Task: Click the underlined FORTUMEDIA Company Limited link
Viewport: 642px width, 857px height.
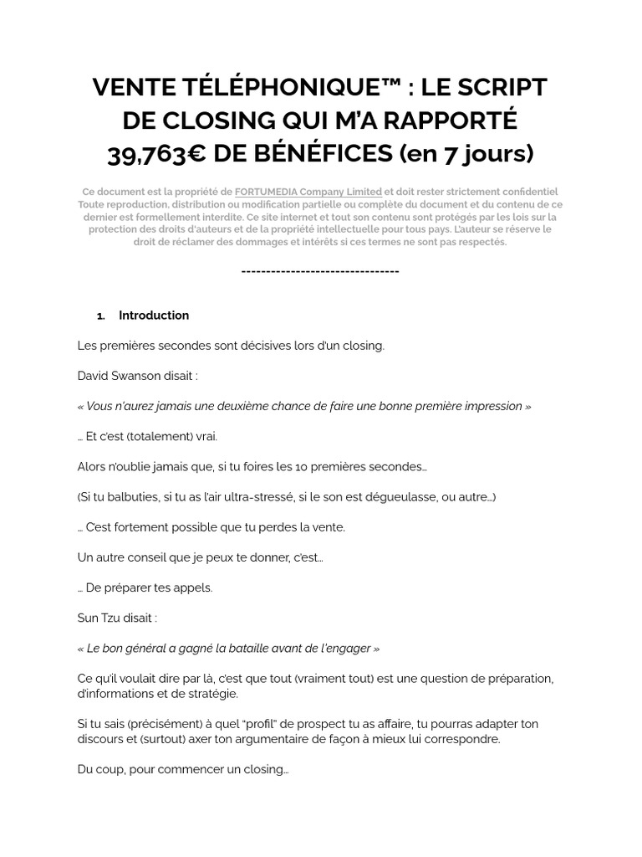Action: point(308,192)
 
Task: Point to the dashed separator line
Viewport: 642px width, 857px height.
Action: point(320,271)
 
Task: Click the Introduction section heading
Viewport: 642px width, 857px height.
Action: point(154,316)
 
